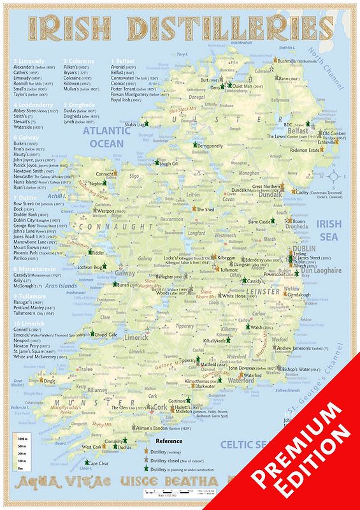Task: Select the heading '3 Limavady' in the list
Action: [29, 61]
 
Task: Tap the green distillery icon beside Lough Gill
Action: [155, 163]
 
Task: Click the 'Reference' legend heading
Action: [169, 441]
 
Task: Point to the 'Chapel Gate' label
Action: [105, 334]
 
